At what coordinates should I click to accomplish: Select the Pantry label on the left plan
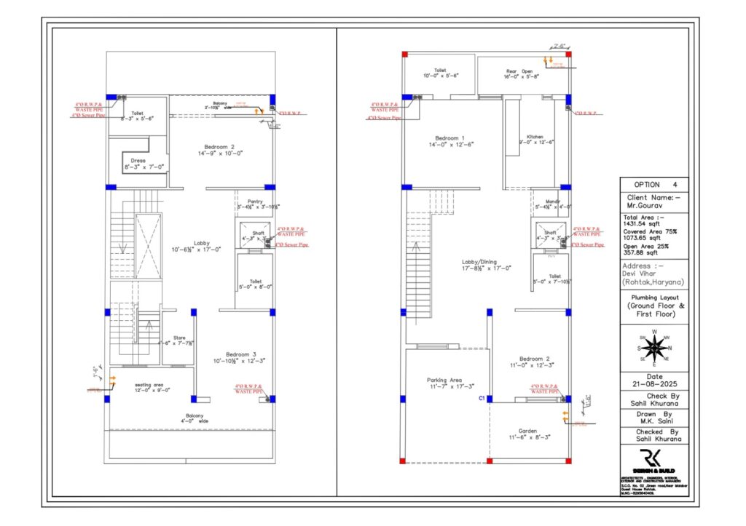[254, 202]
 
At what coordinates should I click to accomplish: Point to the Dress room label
[138, 161]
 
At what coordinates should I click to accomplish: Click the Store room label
[179, 337]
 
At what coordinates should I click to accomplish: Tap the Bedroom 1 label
[449, 138]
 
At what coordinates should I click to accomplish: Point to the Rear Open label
[521, 71]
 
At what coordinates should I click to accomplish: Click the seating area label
[149, 385]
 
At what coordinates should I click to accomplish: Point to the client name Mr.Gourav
[642, 205]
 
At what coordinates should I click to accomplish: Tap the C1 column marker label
[482, 399]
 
